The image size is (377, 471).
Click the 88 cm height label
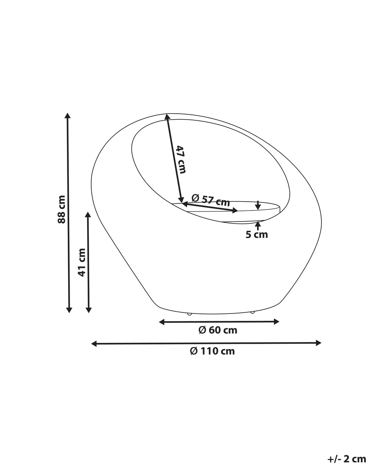click(x=61, y=209)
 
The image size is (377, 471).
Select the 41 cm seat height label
click(x=81, y=262)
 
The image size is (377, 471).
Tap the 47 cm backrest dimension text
click(x=182, y=159)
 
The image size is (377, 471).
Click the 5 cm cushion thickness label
click(x=257, y=235)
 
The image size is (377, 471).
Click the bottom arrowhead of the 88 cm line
click(x=69, y=310)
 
